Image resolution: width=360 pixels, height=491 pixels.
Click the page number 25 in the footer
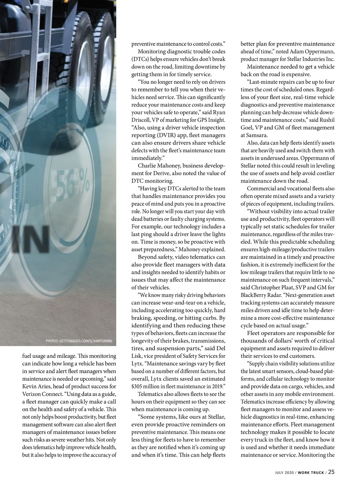click(x=331, y=472)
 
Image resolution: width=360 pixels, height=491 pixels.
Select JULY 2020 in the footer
click(x=285, y=473)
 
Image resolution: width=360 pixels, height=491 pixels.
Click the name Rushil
click(x=326, y=120)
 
